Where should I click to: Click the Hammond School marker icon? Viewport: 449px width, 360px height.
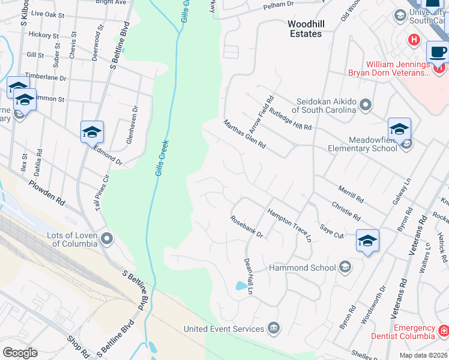point(345,266)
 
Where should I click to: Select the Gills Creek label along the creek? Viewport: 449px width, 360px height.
point(161,158)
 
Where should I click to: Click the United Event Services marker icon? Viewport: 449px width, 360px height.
point(274,328)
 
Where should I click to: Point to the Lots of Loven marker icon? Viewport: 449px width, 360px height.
point(107,239)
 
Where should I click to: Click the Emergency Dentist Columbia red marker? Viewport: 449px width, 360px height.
point(443,331)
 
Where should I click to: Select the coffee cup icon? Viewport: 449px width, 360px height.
point(438,52)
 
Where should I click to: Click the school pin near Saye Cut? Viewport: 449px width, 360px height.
point(367,241)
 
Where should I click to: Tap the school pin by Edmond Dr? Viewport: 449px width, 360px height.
point(92,132)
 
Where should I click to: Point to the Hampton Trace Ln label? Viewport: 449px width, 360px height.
point(290,225)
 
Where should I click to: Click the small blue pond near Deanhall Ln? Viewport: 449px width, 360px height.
point(241,286)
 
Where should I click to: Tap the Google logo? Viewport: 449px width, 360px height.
point(20,352)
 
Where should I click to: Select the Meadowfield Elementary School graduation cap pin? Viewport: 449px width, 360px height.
point(399,129)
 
